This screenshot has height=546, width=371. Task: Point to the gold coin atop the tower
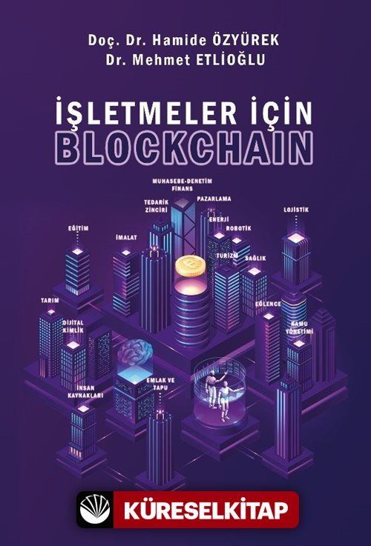[191, 267]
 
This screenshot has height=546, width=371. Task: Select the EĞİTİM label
[78, 228]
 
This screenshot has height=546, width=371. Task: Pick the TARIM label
[50, 300]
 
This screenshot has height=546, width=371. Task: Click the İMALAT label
[126, 238]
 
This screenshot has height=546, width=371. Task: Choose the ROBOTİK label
[238, 228]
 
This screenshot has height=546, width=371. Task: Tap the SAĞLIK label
[255, 259]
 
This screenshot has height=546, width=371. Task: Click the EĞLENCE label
[268, 304]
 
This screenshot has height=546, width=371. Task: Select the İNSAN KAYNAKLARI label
[85, 393]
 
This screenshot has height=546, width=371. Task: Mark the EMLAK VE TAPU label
[160, 384]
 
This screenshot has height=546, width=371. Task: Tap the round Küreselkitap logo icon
[95, 510]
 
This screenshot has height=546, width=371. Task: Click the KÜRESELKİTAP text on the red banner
[206, 510]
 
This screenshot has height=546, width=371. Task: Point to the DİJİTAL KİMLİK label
[73, 327]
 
